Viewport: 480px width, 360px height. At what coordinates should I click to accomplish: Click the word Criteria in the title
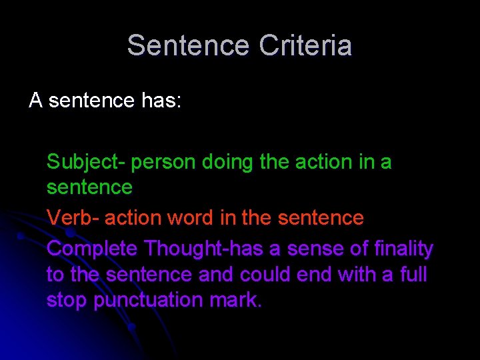pos(305,46)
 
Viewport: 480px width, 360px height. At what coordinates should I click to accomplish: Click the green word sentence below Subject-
pos(89,188)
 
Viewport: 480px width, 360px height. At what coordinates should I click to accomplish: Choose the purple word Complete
pos(93,249)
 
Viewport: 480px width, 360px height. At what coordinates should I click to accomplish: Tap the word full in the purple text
pos(413,275)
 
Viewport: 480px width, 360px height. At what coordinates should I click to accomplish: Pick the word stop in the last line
pos(67,301)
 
